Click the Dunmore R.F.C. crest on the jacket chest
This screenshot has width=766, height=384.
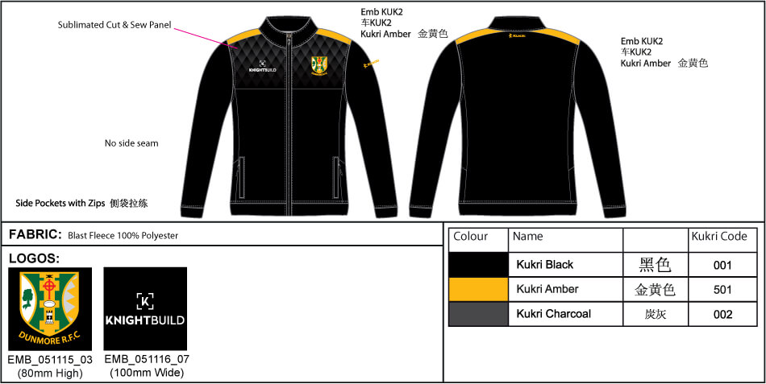click(x=319, y=64)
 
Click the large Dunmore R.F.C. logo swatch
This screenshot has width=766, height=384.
click(x=49, y=309)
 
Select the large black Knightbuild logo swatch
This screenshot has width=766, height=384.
click(x=145, y=309)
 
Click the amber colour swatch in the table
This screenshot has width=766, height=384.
click(x=478, y=289)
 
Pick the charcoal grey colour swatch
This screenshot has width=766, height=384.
click(x=478, y=314)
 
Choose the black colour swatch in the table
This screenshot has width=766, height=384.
click(x=478, y=264)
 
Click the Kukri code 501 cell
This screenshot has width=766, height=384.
click(x=722, y=289)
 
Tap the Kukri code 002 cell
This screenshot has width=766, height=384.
click(x=722, y=314)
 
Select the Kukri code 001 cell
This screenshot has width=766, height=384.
click(x=722, y=264)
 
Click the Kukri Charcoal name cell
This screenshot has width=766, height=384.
click(x=554, y=314)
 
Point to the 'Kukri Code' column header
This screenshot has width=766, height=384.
click(x=719, y=237)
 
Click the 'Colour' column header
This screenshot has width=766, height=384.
click(x=471, y=237)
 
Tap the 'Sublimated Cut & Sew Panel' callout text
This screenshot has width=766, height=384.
click(x=114, y=25)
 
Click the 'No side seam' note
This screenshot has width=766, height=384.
click(x=131, y=143)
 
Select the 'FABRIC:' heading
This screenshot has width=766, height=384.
click(x=35, y=234)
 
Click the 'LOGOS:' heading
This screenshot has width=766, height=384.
click(x=34, y=258)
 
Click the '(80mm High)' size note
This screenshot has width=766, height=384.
click(x=49, y=372)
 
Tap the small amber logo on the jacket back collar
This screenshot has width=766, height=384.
click(x=517, y=35)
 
